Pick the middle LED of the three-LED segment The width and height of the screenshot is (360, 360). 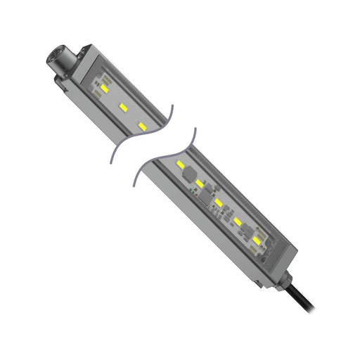click(123, 108)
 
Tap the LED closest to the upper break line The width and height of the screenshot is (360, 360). click(143, 126)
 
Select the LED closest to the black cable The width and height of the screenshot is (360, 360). click(258, 241)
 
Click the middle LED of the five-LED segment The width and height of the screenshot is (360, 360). click(219, 203)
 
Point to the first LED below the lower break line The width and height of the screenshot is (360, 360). click(181, 166)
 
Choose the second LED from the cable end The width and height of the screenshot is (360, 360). click(239, 222)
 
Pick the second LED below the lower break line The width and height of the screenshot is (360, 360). click(200, 184)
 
